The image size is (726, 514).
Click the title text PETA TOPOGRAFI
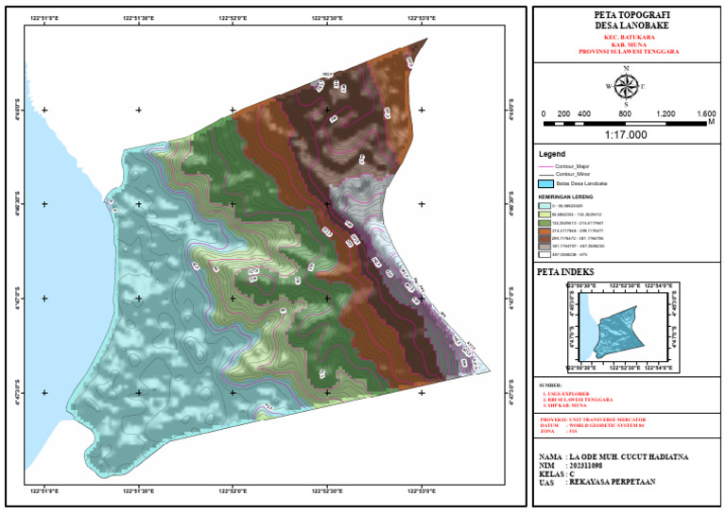click(x=626, y=15)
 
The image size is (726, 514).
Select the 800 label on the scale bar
click(x=625, y=113)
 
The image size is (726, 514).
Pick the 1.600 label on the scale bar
click(x=705, y=113)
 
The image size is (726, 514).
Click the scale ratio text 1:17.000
click(x=626, y=135)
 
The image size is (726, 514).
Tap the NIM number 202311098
click(x=596, y=465)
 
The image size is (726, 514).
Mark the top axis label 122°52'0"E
click(x=233, y=17)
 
